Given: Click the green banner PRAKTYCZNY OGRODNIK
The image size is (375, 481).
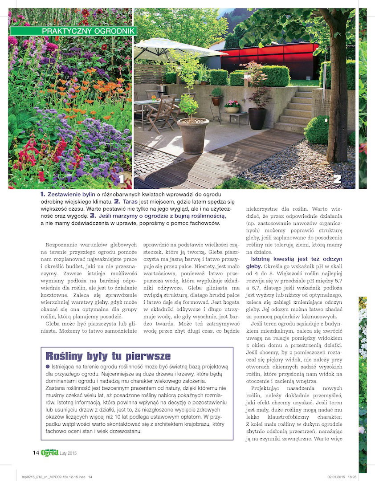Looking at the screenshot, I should click(x=73, y=31).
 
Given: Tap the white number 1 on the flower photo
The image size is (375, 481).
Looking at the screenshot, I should click(x=121, y=179).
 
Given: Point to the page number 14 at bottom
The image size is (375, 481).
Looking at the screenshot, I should click(x=36, y=453).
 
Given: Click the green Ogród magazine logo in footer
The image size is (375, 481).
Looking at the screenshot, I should click(x=49, y=453).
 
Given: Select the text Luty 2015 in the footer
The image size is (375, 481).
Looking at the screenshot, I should click(x=69, y=453).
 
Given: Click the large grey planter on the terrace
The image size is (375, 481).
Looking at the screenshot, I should click(x=193, y=135).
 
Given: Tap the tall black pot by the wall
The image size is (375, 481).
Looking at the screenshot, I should click(x=257, y=118).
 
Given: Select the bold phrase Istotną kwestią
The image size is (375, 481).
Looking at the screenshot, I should click(x=271, y=259).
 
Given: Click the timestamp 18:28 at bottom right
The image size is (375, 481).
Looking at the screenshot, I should click(x=352, y=477).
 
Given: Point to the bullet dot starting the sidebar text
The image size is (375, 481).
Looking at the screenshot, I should click(x=48, y=366).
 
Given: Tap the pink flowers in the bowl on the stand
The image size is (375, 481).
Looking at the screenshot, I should click(x=232, y=104).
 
